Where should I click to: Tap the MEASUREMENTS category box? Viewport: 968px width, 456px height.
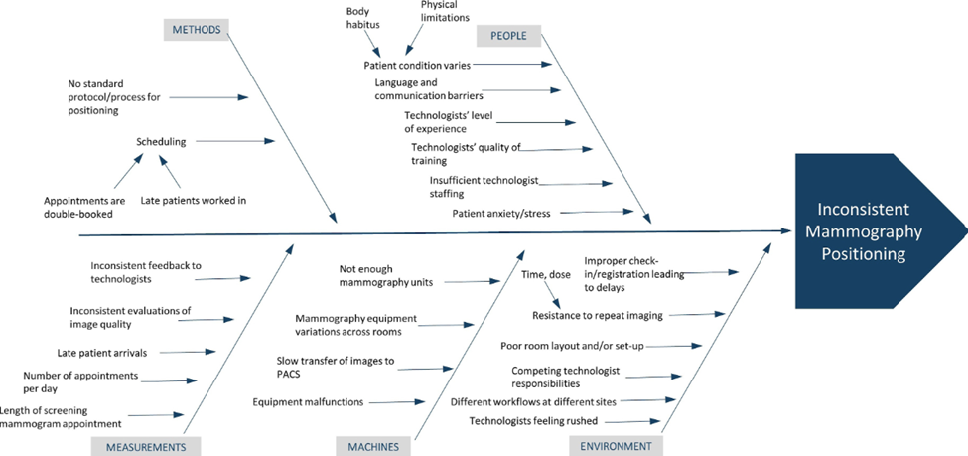click(x=146, y=446)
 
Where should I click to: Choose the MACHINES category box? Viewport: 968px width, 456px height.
click(x=373, y=446)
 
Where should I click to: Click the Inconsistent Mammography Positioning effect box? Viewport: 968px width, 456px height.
click(x=861, y=231)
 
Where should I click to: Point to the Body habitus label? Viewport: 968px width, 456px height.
click(x=362, y=18)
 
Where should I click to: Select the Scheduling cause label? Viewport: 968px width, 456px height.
click(x=161, y=141)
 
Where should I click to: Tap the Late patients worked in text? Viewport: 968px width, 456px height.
click(x=193, y=200)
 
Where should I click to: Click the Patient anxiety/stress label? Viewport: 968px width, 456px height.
click(x=500, y=213)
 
